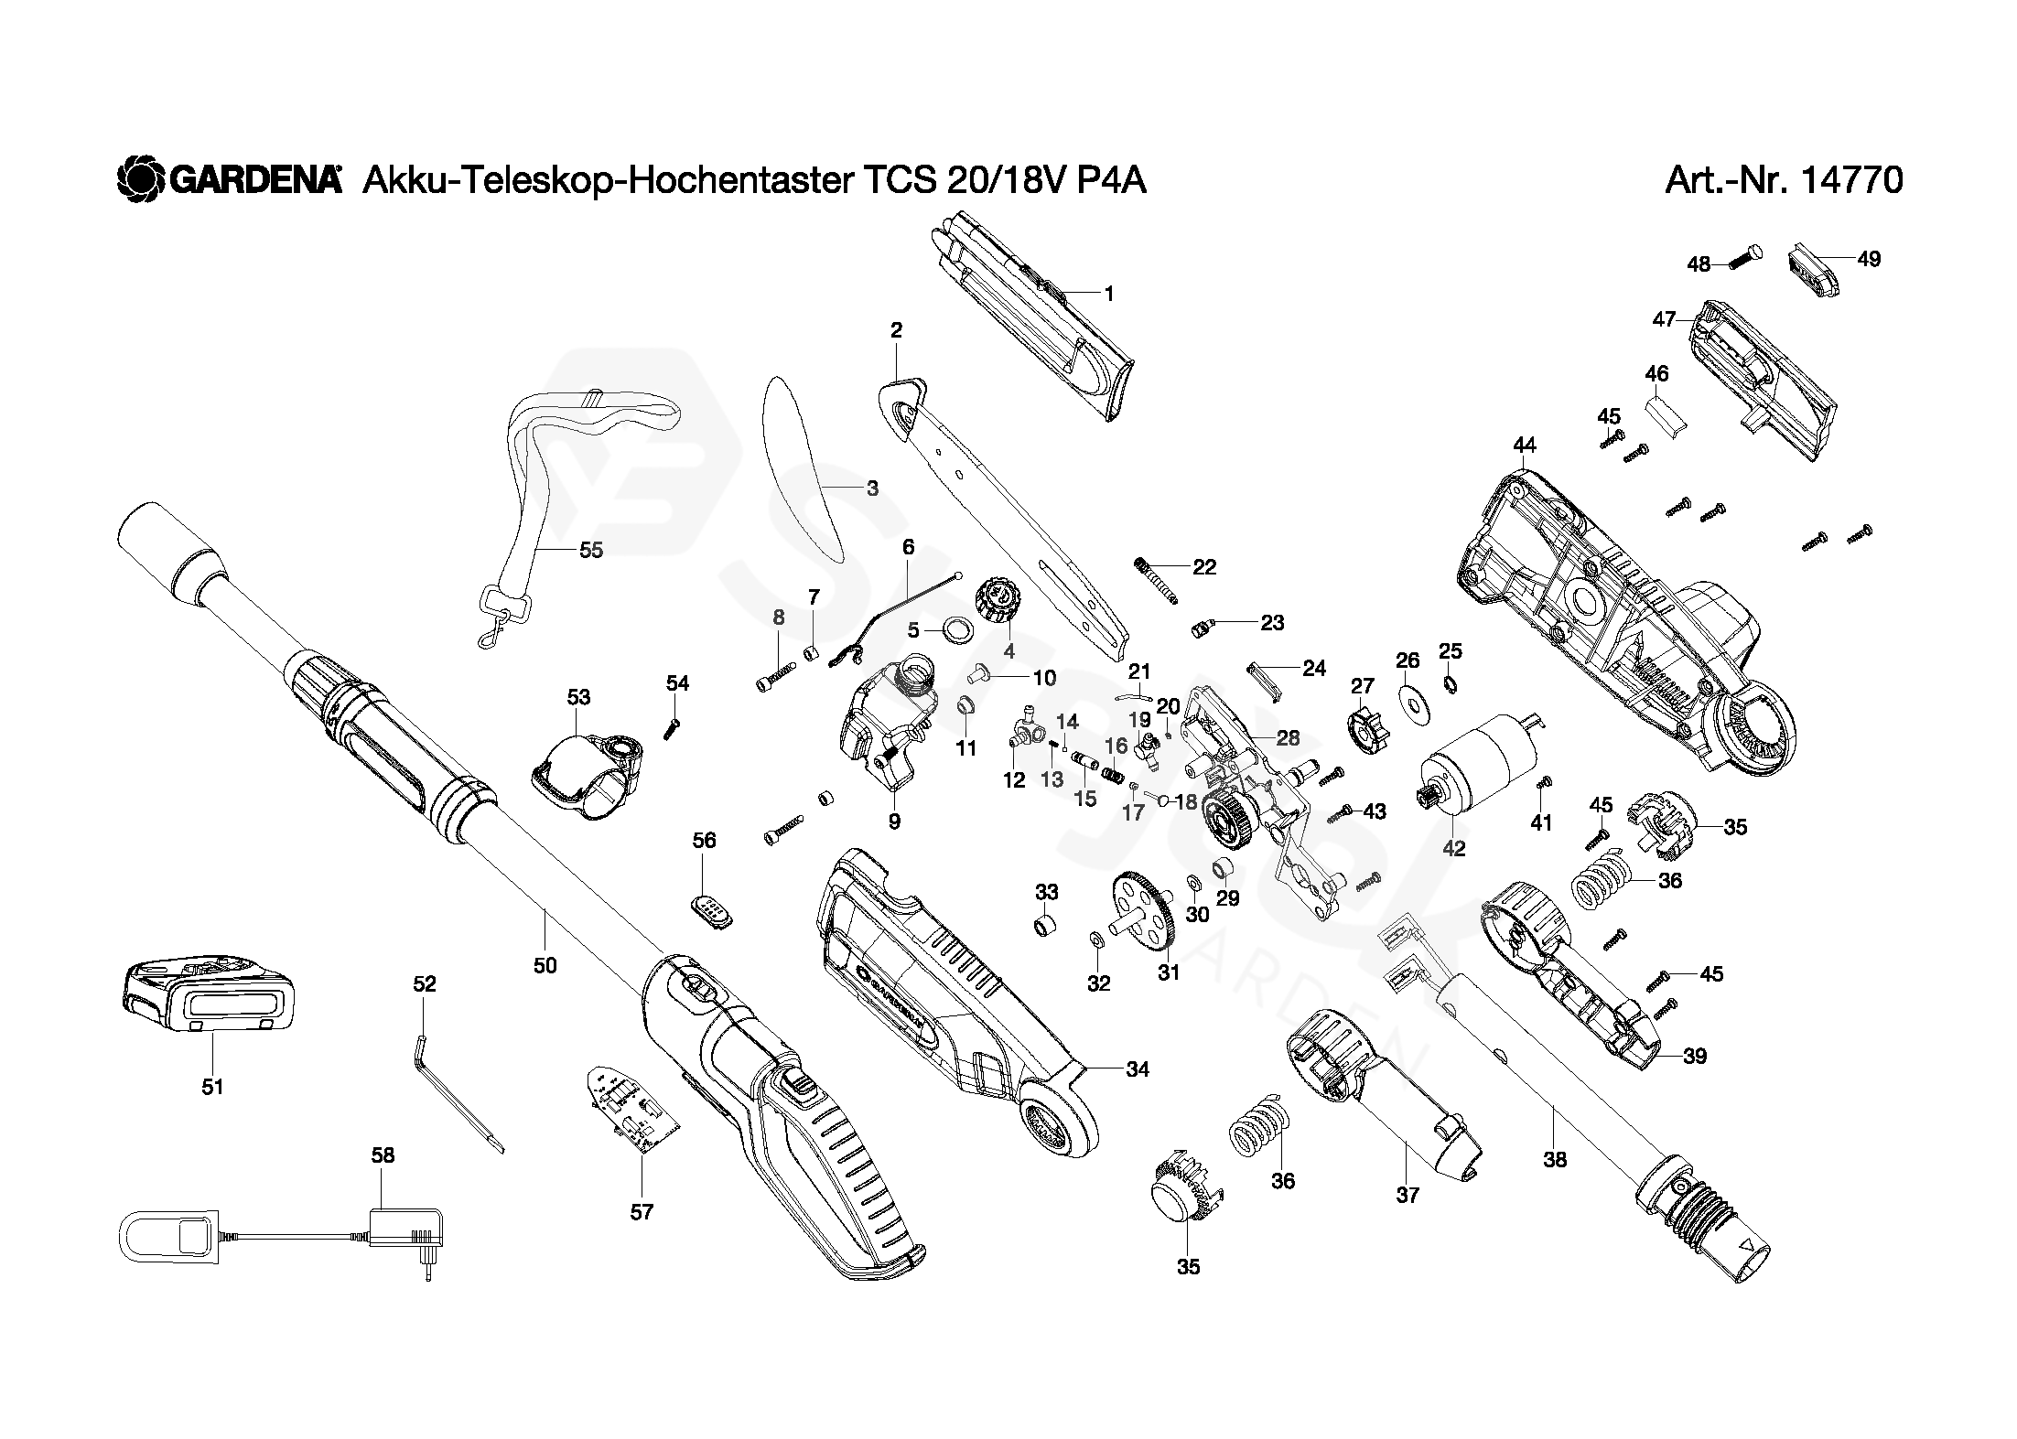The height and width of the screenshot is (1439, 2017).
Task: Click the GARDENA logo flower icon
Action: [139, 179]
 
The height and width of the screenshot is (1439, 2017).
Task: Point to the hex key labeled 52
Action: [457, 1094]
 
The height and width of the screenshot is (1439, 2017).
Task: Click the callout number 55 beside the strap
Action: [591, 550]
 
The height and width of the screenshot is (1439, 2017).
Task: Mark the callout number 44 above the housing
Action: [1524, 445]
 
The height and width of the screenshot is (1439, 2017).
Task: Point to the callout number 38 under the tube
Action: [1555, 1160]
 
